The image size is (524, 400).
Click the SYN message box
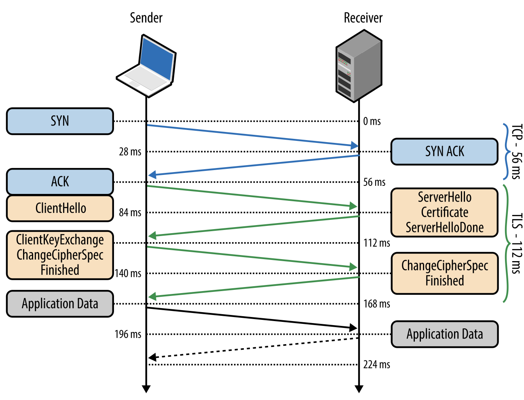click(60, 121)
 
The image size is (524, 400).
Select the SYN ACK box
click(444, 151)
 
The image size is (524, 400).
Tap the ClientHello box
click(60, 208)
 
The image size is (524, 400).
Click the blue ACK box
click(60, 182)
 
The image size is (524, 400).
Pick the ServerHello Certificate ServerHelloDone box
click(444, 212)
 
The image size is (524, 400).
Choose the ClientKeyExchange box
click(60, 255)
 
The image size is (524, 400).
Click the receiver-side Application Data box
click(444, 334)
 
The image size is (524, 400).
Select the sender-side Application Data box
click(60, 304)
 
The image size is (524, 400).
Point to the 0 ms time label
click(372, 121)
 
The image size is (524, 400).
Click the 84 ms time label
click(130, 213)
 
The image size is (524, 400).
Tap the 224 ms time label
click(376, 365)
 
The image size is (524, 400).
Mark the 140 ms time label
click(128, 274)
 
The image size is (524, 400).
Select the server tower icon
click(359, 66)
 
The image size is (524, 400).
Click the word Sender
click(146, 18)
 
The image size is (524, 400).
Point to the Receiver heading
click(363, 18)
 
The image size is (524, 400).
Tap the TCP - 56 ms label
click(516, 151)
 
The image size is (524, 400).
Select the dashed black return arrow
click(253, 348)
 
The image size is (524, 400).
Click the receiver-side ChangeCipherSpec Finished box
click(444, 273)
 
